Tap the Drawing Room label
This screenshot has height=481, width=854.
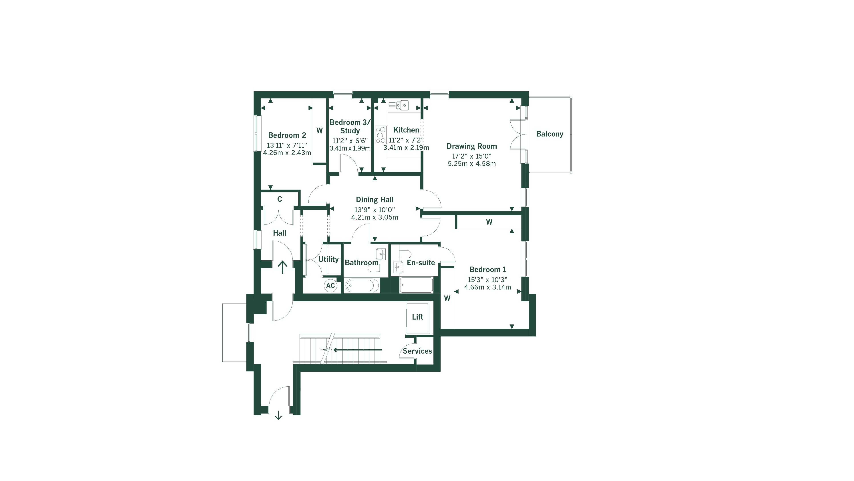[471, 146]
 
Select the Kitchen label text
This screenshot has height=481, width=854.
[406, 130]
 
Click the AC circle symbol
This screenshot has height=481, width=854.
[330, 285]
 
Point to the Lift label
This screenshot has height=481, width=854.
[417, 317]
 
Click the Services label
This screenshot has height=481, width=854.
[417, 351]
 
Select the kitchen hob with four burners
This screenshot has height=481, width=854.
[381, 135]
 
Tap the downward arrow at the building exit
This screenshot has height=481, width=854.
[278, 415]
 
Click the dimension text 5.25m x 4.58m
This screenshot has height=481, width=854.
[471, 164]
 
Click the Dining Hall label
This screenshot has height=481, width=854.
[375, 200]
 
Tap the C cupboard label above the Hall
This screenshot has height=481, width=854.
[280, 199]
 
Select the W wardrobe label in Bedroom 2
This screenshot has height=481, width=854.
[320, 130]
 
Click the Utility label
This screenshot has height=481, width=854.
[328, 259]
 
